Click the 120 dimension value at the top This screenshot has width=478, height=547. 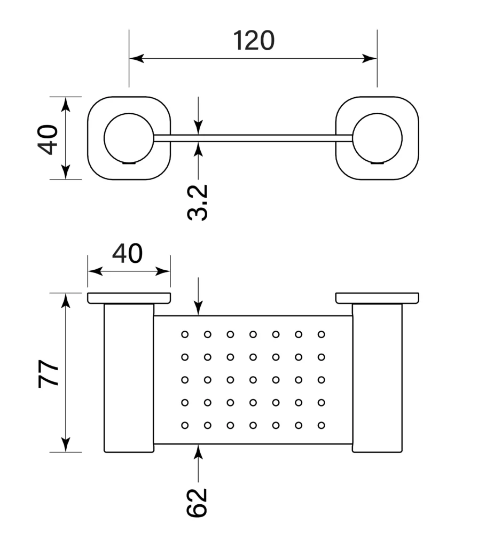point(254,41)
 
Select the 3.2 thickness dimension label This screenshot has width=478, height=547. point(198,202)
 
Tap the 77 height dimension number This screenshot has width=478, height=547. point(49,373)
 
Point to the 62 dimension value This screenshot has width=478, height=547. point(197,502)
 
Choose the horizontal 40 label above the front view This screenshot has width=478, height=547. point(128,254)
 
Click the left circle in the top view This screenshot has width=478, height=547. point(129,138)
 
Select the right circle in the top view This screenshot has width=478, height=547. point(377,138)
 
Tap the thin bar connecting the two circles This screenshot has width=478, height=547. point(253,138)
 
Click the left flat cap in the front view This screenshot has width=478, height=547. point(129,298)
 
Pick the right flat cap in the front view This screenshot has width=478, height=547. point(377,298)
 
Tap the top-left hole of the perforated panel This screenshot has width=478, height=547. point(185,334)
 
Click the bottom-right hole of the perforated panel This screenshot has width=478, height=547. point(321,426)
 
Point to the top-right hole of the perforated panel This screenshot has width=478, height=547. point(321,334)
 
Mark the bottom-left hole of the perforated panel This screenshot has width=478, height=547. point(185,426)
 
